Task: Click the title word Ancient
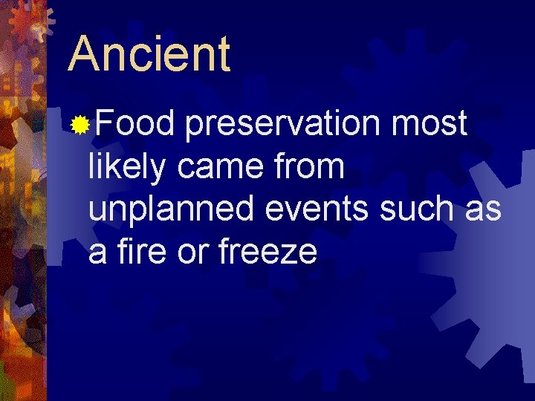(x=149, y=53)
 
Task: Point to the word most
(x=429, y=124)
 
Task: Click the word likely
(x=129, y=168)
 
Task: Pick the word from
(x=313, y=168)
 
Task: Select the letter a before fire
(x=97, y=254)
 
